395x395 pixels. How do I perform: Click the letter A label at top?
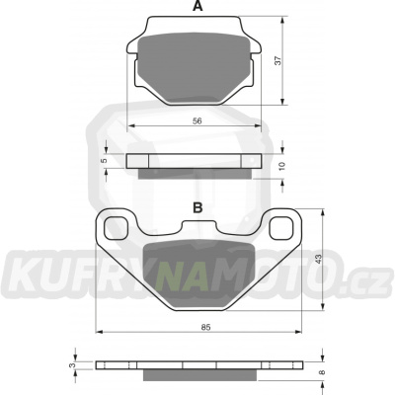(197, 8)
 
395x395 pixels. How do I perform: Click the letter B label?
(197, 207)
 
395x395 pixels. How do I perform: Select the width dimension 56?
(197, 118)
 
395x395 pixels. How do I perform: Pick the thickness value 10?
(282, 165)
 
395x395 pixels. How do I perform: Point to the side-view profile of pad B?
(197, 366)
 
